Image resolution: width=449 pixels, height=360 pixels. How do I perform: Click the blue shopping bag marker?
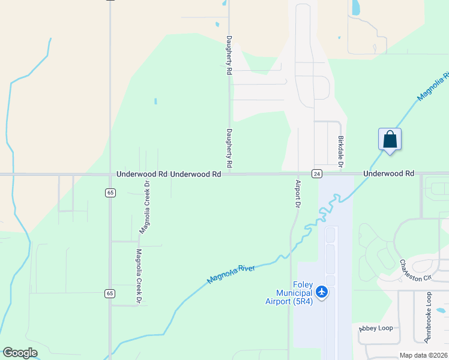tap(390, 139)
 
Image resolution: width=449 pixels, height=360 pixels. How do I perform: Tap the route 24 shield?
tap(317, 174)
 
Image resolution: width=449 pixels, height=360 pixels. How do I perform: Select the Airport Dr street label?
tap(297, 194)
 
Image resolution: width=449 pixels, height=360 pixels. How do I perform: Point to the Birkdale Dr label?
tap(340, 151)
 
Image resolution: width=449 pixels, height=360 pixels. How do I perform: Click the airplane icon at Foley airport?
tap(322, 292)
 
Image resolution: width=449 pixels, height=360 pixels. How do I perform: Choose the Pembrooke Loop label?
tap(428, 317)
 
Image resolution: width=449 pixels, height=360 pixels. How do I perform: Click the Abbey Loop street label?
tap(376, 328)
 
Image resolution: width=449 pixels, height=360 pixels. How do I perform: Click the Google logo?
tap(20, 353)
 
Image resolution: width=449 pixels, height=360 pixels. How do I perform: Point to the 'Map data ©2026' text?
tap(423, 355)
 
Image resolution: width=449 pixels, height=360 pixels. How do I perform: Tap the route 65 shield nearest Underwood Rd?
tap(110, 193)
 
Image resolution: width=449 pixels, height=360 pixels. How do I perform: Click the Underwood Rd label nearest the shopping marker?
tap(388, 173)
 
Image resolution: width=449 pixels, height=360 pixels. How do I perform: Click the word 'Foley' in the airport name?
tap(303, 284)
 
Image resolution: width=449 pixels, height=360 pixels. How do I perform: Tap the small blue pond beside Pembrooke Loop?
tap(441, 311)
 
